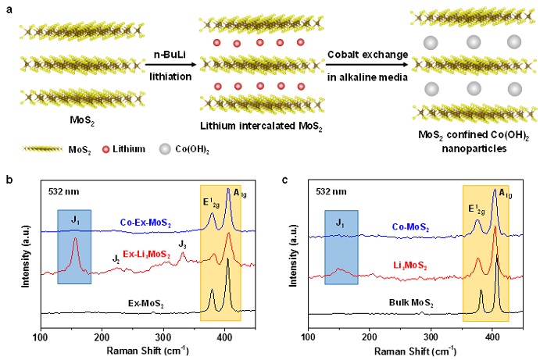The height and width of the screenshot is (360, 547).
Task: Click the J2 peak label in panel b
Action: pyautogui.click(x=116, y=258)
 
